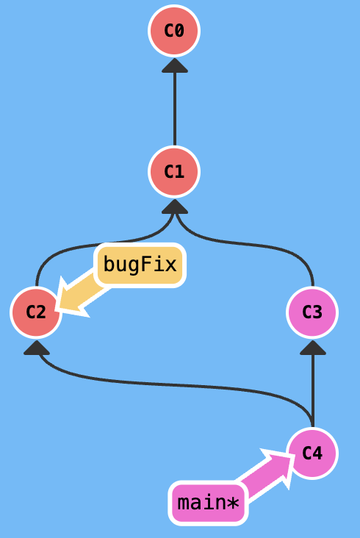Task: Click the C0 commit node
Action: coord(174,31)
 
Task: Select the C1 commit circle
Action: coord(174,171)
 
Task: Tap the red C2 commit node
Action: coord(36,312)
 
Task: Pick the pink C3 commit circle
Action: coord(312,312)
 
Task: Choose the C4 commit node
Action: coord(312,453)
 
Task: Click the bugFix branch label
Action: coord(140,265)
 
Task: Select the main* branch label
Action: coord(208,503)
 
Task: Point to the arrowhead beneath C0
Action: coord(175,65)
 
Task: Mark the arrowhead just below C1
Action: coord(175,207)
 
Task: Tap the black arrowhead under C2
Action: coord(37,348)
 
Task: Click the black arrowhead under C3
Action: coord(313,348)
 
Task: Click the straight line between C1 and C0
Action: coord(175,109)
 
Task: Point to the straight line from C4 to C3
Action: coord(313,391)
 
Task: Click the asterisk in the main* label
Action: coord(233,503)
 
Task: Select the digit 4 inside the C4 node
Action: coord(317,453)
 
